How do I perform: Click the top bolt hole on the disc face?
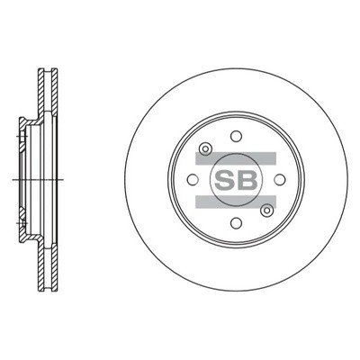tap(236, 136)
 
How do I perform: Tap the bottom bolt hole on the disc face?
tap(236, 223)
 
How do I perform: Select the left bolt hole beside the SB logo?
tap(193, 179)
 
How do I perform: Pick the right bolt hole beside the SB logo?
tap(280, 179)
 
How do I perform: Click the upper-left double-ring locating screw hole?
tap(205, 148)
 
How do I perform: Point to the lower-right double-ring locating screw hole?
tap(266, 211)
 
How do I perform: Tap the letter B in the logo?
tap(247, 180)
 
